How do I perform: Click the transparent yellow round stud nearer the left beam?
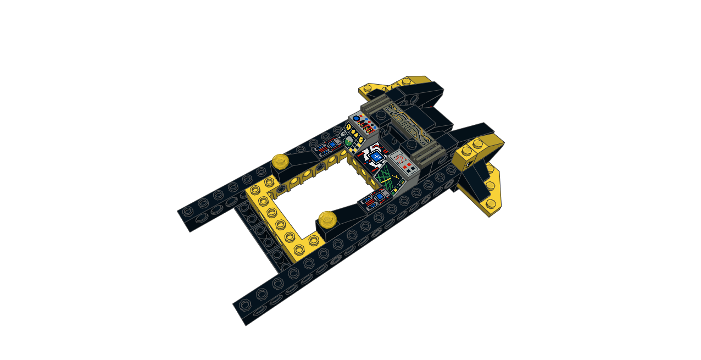click(280, 160)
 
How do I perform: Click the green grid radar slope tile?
click(390, 181)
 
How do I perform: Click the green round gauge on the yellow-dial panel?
click(349, 141)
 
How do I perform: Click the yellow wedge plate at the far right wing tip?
click(493, 192)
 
